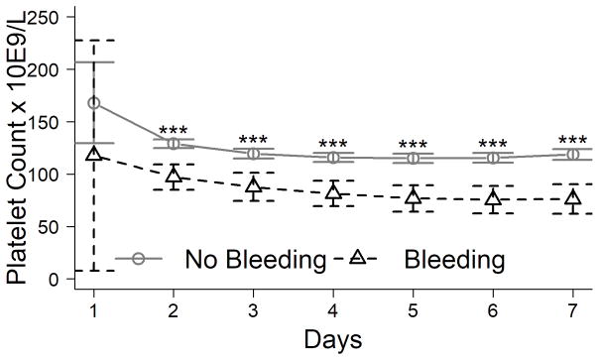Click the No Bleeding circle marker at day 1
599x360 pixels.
pos(94,103)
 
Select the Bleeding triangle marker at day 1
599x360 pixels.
pos(94,153)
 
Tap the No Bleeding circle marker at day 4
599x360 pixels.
pos(333,157)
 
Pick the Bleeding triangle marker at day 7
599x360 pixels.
pos(573,198)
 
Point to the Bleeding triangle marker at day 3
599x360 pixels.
pos(254,186)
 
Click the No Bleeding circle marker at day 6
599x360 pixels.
pos(493,158)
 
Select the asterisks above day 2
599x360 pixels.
pos(174,131)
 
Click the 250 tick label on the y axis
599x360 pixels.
pos(43,18)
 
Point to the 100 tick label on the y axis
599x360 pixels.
pos(43,175)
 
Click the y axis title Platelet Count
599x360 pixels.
pos(17,149)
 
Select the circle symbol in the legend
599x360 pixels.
pos(139,258)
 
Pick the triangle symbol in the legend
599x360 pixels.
pos(359,258)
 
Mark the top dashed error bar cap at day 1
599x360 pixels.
pos(94,41)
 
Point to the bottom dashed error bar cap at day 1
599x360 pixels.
pos(94,270)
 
